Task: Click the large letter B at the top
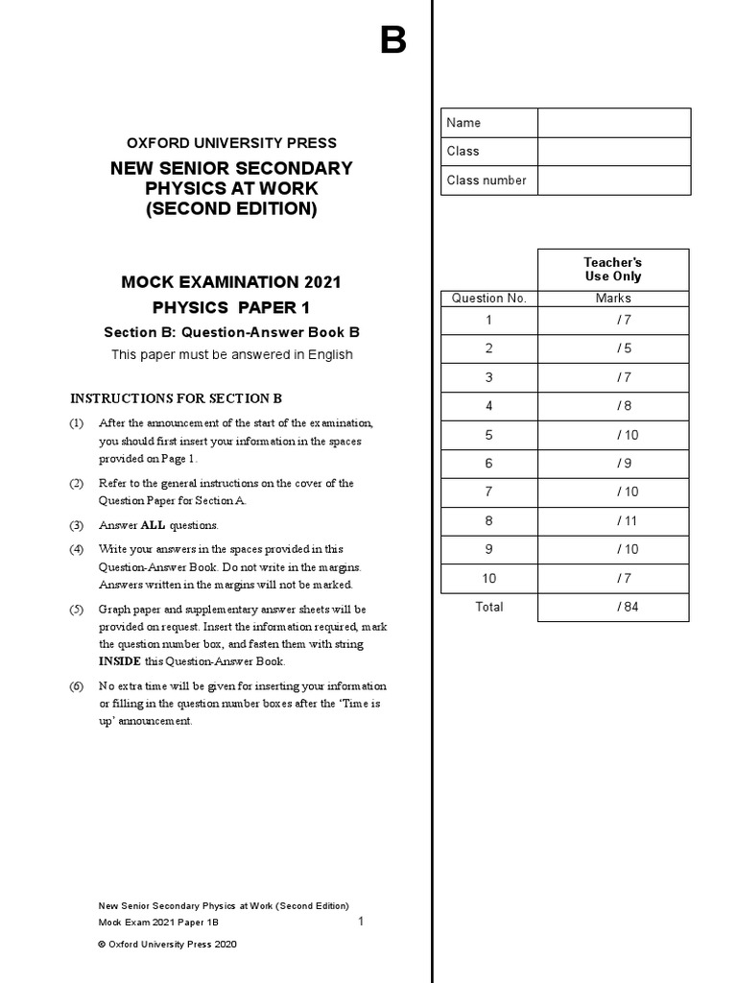[x=392, y=40]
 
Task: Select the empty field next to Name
[x=613, y=123]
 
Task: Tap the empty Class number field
[x=613, y=180]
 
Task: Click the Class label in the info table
[x=464, y=152]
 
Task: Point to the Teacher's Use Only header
[x=612, y=269]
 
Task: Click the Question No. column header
[x=488, y=299]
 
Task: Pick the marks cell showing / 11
[x=612, y=520]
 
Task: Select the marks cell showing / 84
[x=612, y=607]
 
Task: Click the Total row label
[x=488, y=607]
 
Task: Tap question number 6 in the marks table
[x=488, y=463]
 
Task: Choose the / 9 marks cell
[x=612, y=463]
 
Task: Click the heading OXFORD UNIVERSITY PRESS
[x=231, y=143]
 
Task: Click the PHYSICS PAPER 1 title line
[x=231, y=308]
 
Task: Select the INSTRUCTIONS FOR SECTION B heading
[x=177, y=398]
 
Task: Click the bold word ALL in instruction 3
[x=154, y=526]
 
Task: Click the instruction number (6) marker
[x=77, y=686]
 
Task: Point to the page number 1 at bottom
[x=361, y=922]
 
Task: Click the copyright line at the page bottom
[x=168, y=945]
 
